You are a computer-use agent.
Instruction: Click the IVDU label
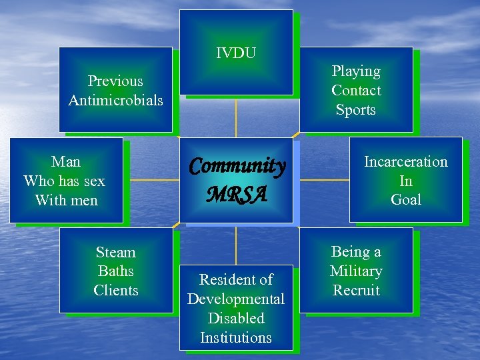tap(236, 53)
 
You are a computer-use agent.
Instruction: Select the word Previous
tap(115, 81)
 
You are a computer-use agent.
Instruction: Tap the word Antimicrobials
tap(115, 101)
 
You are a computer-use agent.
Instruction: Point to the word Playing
tap(356, 71)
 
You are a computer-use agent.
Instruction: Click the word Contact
tap(356, 91)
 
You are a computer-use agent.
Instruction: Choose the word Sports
tap(356, 110)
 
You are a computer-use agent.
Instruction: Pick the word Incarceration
tap(405, 162)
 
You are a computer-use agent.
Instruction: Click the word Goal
tap(405, 200)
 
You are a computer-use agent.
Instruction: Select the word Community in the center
tap(237, 166)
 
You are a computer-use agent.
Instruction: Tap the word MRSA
tap(237, 195)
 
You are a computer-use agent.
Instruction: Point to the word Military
tap(356, 271)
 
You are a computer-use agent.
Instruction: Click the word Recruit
tap(356, 291)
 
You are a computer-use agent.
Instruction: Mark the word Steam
tap(115, 253)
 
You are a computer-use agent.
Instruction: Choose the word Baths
tap(115, 271)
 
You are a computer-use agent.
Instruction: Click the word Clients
tap(115, 291)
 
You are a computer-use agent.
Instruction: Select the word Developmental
tap(236, 299)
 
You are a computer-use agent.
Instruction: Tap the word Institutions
tap(236, 338)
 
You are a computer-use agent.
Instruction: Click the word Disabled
tap(236, 319)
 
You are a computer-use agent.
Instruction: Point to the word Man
tap(65, 162)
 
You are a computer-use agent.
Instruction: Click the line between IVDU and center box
tap(236, 116)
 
